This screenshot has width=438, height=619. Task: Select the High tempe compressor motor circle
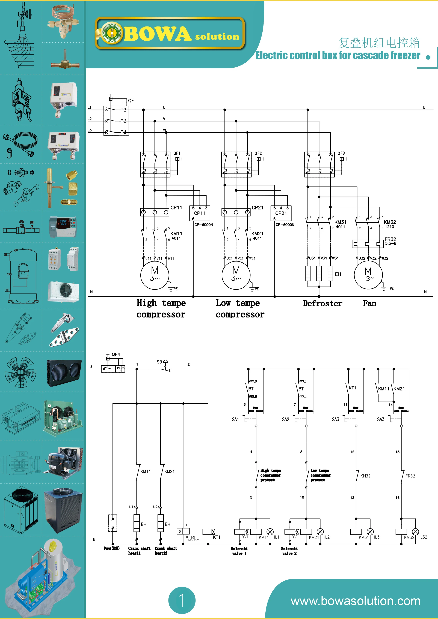[x=155, y=275]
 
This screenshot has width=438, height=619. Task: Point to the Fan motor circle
[x=368, y=275]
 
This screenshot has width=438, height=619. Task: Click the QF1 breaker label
[x=177, y=153]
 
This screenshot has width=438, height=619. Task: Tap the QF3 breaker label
[x=341, y=153]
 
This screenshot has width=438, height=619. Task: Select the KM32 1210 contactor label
[x=390, y=224]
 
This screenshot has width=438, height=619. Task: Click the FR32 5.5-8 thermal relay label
[x=390, y=241]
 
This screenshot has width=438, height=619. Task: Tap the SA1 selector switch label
[x=235, y=419]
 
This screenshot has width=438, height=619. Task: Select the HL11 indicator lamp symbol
[x=270, y=532]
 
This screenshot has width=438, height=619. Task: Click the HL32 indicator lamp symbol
[x=415, y=532]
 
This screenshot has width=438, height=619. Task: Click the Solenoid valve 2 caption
[x=289, y=551]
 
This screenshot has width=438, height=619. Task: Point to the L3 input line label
[x=90, y=130]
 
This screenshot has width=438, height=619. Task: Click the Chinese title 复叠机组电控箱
[x=379, y=43]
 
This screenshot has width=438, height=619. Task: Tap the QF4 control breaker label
[x=116, y=354]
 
